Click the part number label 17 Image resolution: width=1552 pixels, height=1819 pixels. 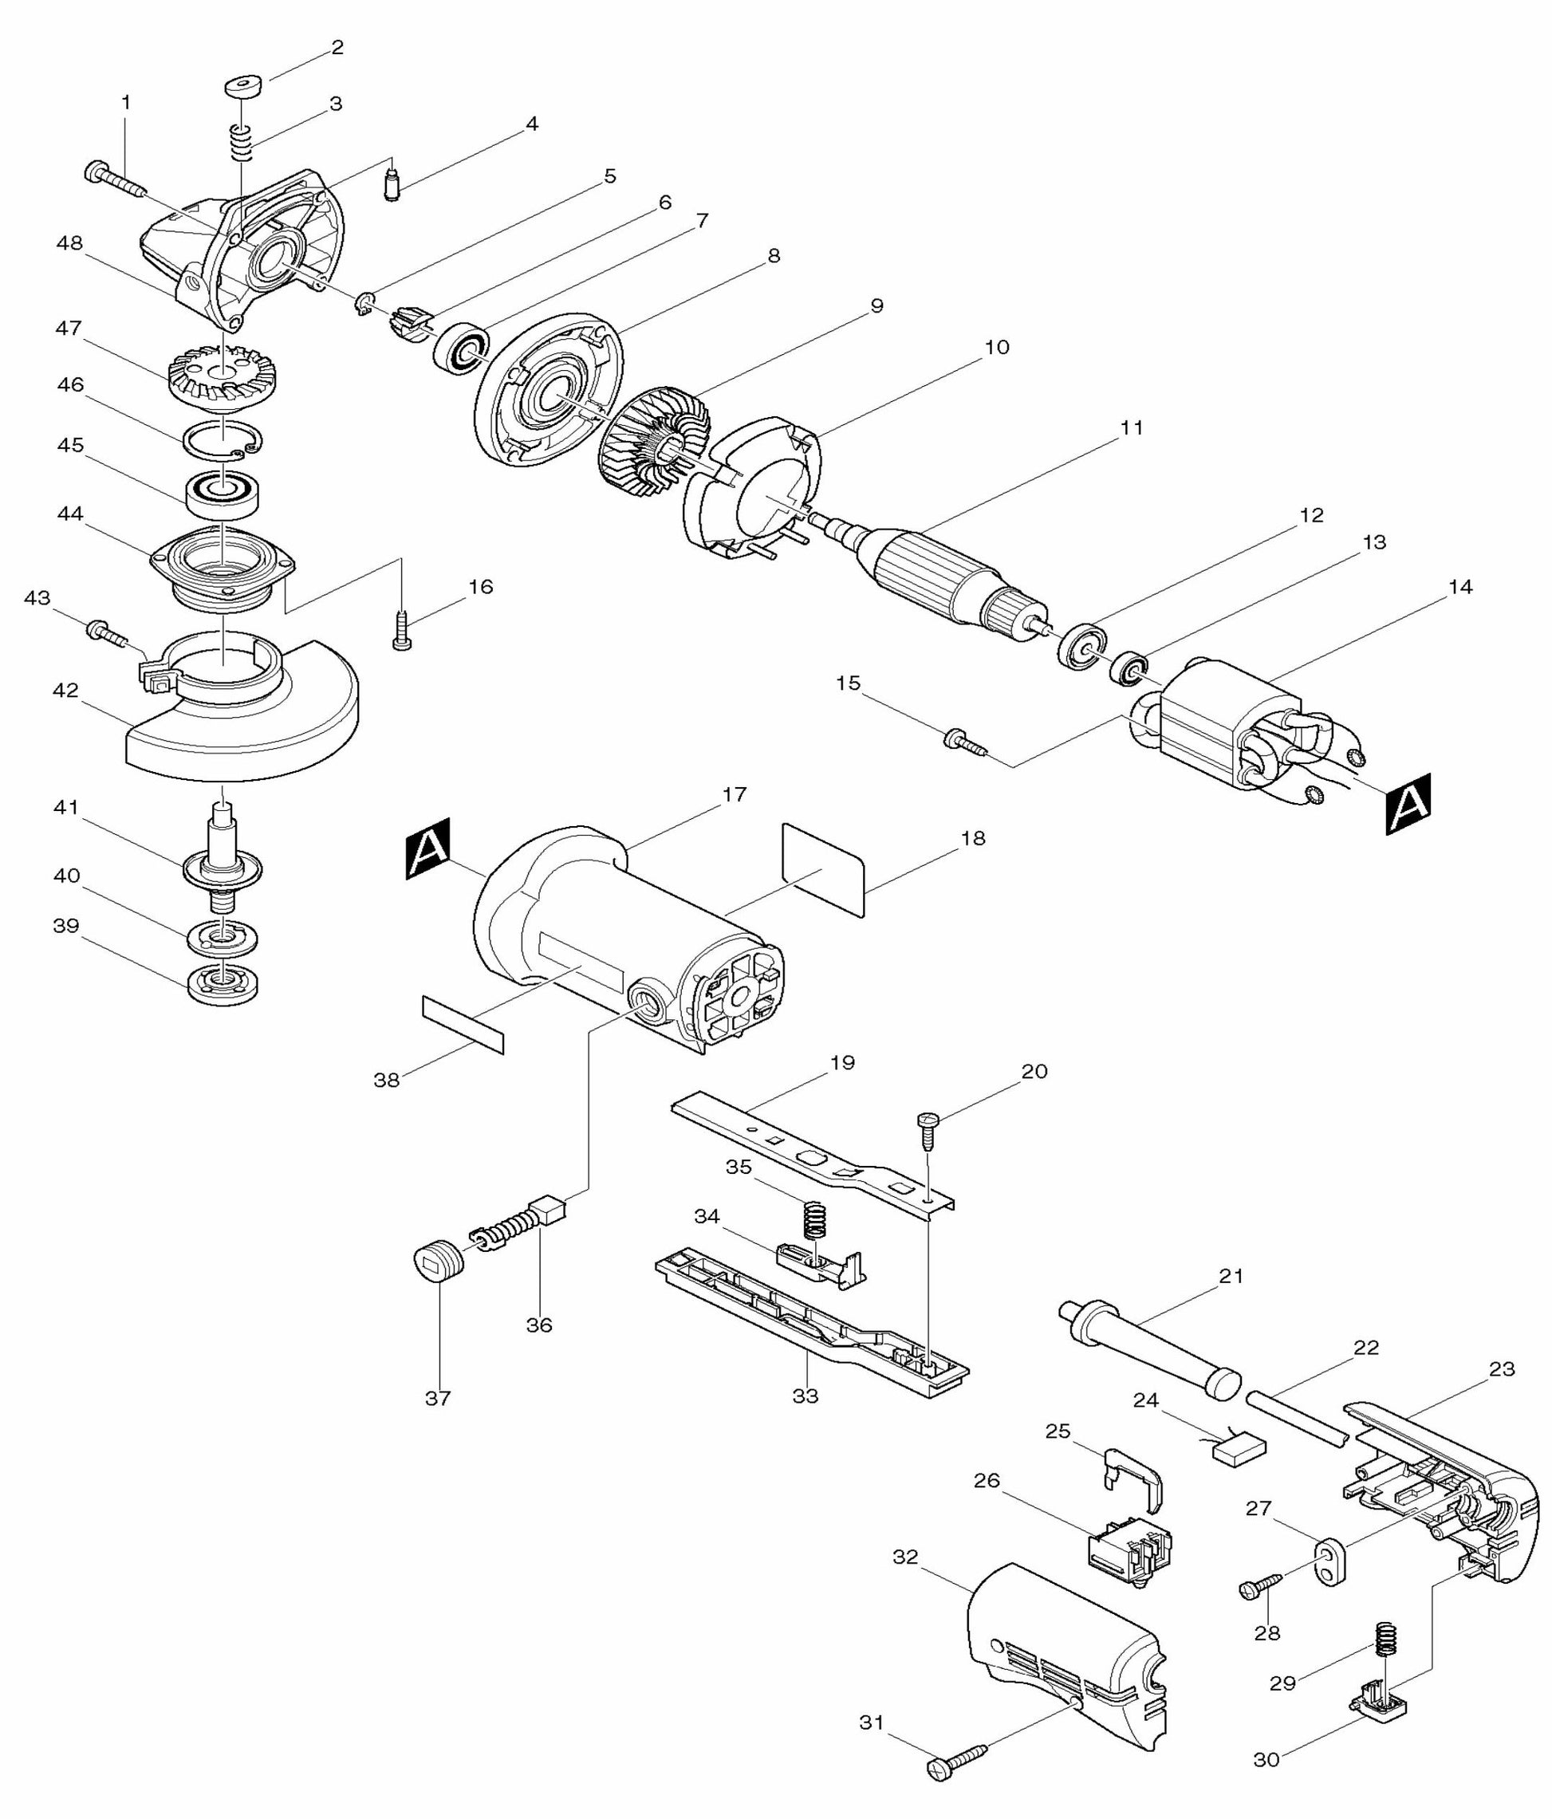pyautogui.click(x=734, y=794)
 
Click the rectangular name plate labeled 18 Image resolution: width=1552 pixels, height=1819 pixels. pyautogui.click(x=822, y=869)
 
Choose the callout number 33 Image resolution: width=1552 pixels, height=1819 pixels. pyautogui.click(x=805, y=1396)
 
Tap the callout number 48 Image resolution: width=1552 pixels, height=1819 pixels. pyautogui.click(x=69, y=243)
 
